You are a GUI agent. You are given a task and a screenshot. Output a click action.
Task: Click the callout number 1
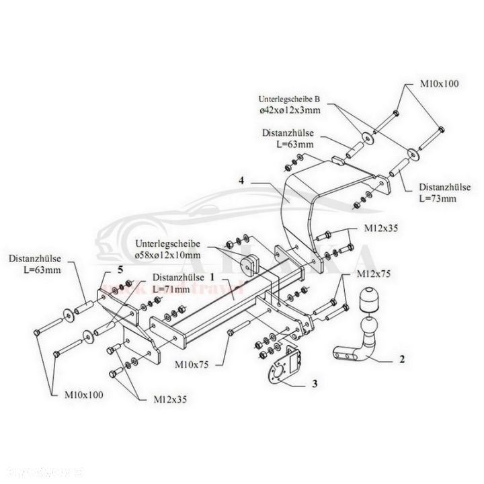(x=211, y=276)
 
